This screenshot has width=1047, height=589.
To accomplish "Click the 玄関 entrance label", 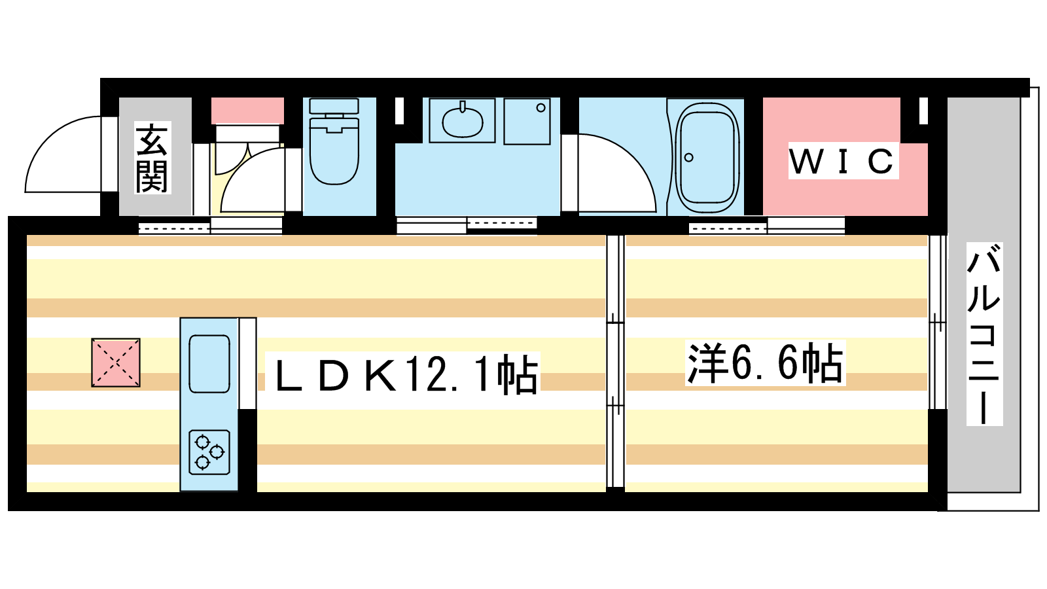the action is pyautogui.click(x=153, y=158).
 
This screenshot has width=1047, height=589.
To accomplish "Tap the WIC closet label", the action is pyautogui.click(x=843, y=161).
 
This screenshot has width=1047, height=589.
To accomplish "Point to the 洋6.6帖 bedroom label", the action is pyautogui.click(x=765, y=363).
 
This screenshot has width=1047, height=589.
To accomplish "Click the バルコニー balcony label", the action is pyautogui.click(x=984, y=334).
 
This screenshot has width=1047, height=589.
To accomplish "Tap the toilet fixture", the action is pyautogui.click(x=334, y=141).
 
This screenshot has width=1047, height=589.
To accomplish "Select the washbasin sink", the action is pyautogui.click(x=462, y=120).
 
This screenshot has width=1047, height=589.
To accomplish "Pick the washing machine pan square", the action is pyautogui.click(x=527, y=121).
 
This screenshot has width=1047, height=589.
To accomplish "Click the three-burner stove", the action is pyautogui.click(x=209, y=452).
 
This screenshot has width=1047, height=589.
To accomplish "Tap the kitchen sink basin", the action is pyautogui.click(x=209, y=363).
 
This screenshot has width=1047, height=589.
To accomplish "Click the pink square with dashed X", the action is pyautogui.click(x=115, y=363).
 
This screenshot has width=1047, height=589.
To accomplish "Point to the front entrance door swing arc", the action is pyautogui.click(x=63, y=154).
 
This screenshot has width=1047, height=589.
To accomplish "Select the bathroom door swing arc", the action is pyautogui.click(x=616, y=173).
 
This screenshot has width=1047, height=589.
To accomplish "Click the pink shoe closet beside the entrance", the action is pyautogui.click(x=247, y=111).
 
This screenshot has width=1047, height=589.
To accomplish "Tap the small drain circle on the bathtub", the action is pyautogui.click(x=688, y=158).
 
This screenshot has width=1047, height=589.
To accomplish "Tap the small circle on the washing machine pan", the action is pyautogui.click(x=541, y=107).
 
